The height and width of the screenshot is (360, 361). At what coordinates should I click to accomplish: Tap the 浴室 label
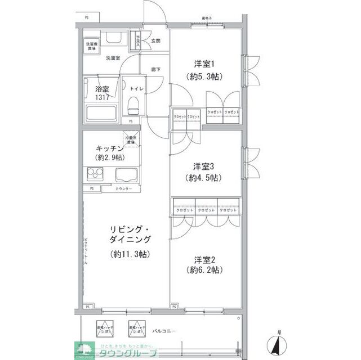pos(102,89)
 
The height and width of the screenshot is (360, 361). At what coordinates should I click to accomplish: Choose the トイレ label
pos(137,89)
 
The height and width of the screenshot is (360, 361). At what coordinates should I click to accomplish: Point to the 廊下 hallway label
pos(157,70)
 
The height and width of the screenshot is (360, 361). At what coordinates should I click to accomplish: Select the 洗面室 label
pos(113,58)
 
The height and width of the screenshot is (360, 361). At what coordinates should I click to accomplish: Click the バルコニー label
pos(164,331)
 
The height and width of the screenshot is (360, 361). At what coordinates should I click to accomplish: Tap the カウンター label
pos(124,188)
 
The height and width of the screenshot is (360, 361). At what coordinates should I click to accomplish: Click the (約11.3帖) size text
pos(129,254)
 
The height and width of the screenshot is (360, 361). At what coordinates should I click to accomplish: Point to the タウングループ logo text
pos(122,353)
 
